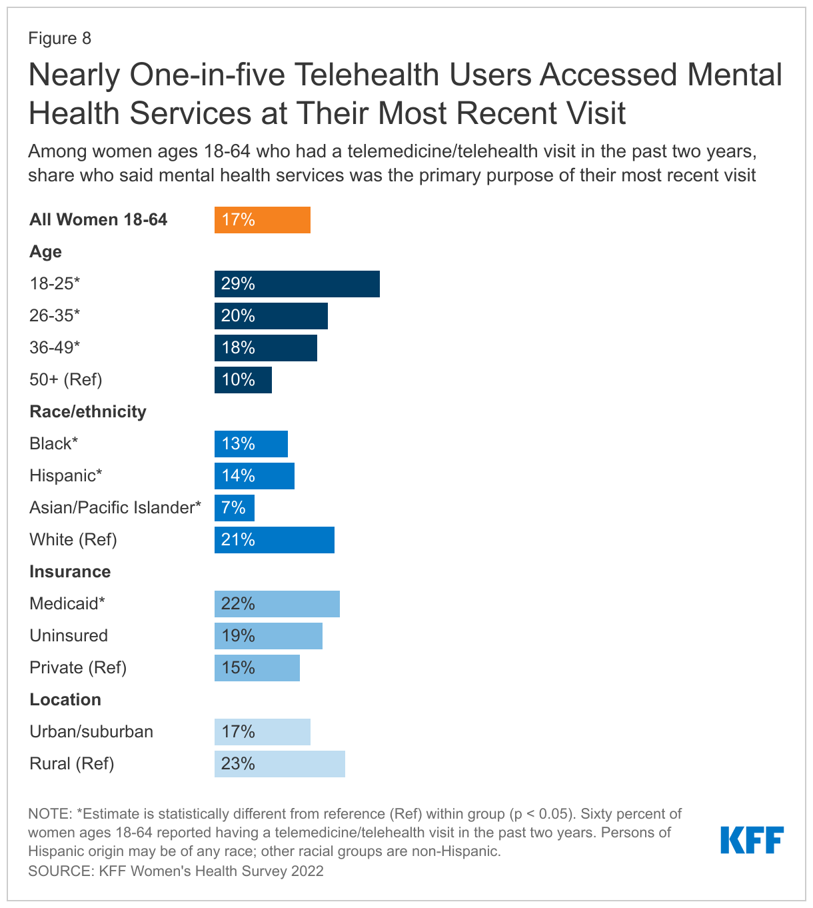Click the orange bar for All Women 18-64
pyautogui.click(x=263, y=220)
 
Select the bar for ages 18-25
pyautogui.click(x=297, y=284)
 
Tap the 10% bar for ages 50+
pyautogui.click(x=243, y=380)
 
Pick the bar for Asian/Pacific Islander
pyautogui.click(x=235, y=508)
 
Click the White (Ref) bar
pyautogui.click(x=275, y=540)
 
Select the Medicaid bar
pyautogui.click(x=277, y=604)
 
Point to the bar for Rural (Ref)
pyautogui.click(x=280, y=764)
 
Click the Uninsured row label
pyautogui.click(x=69, y=635)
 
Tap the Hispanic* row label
pyautogui.click(x=66, y=475)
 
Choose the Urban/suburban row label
pyautogui.click(x=91, y=731)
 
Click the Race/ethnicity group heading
pyautogui.click(x=88, y=411)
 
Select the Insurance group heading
pyautogui.click(x=70, y=571)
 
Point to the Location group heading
pyautogui.click(x=65, y=699)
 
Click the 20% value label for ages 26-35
pyautogui.click(x=238, y=316)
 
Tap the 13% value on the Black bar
pyautogui.click(x=238, y=444)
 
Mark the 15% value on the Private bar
pyautogui.click(x=238, y=668)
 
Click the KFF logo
pyautogui.click(x=752, y=840)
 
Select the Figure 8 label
pyautogui.click(x=60, y=38)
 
